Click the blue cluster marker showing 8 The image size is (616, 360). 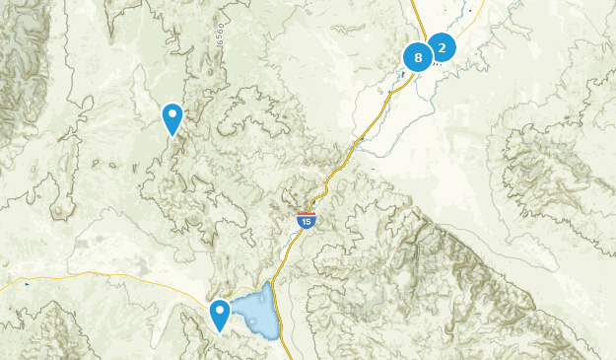pyautogui.click(x=418, y=57)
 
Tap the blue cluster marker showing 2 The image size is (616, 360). pyautogui.click(x=442, y=46)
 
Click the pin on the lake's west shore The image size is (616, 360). pyautogui.click(x=220, y=315)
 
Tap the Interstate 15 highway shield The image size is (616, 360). pyautogui.click(x=308, y=220)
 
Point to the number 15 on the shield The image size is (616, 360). pyautogui.click(x=308, y=222)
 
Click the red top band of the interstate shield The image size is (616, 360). pyautogui.click(x=308, y=214)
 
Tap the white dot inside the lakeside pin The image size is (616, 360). pyautogui.click(x=220, y=312)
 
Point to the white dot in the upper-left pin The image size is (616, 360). pyautogui.click(x=172, y=115)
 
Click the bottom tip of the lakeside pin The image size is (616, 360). pyautogui.click(x=220, y=332)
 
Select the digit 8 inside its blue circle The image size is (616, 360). pyautogui.click(x=418, y=57)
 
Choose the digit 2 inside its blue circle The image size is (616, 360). pyautogui.click(x=442, y=46)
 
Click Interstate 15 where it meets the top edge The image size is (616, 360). pyautogui.click(x=412, y=3)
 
